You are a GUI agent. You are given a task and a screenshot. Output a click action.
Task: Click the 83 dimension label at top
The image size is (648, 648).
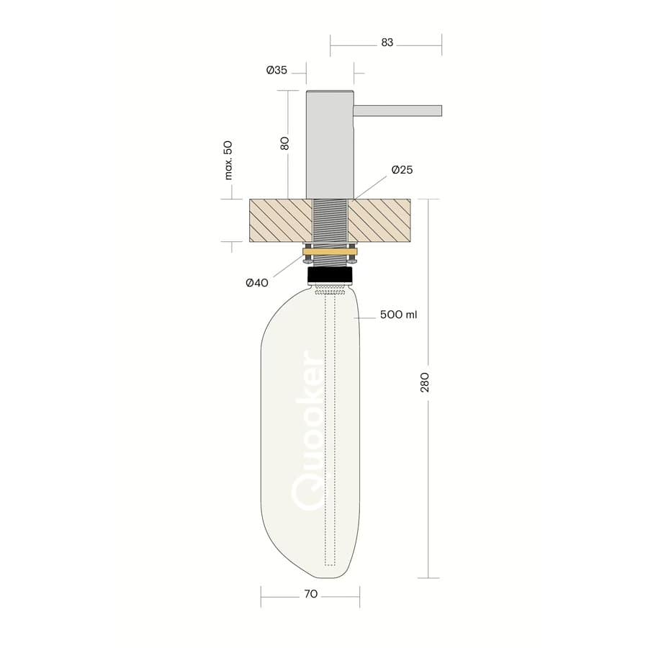387,42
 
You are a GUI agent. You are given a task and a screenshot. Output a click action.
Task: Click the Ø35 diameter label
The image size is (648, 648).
276,71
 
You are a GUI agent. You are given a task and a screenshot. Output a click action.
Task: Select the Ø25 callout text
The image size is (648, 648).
402,170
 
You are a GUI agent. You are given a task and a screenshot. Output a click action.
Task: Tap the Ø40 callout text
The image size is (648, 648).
257,283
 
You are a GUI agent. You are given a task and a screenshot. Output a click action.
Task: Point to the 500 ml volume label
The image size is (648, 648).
399,315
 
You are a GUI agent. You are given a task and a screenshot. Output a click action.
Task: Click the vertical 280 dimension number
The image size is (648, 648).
425,382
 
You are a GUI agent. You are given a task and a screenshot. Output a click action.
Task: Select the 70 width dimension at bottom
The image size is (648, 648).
310,595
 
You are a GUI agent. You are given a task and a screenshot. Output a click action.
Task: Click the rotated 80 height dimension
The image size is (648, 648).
285,143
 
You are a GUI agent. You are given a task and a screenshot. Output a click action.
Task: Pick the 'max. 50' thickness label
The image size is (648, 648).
228,160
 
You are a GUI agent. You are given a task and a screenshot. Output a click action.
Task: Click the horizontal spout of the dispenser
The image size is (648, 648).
397,110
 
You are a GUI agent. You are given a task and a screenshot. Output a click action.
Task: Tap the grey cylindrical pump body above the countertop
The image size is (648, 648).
330,144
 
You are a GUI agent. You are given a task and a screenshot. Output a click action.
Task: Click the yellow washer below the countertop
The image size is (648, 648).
330,253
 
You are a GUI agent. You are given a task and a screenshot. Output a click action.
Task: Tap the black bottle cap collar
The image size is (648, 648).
330,276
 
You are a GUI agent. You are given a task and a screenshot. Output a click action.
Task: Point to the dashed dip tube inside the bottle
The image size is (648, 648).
330,432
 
